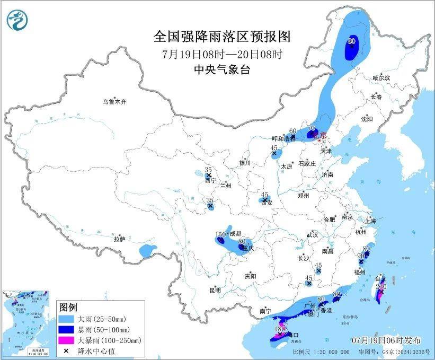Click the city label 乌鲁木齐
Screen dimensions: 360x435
[115, 101]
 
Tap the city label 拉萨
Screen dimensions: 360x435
[119, 239]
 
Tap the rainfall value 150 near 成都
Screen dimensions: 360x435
[220, 234]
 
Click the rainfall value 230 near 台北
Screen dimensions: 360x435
[380, 286]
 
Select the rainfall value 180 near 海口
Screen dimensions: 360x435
[280, 329]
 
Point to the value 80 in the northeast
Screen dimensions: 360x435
[351, 41]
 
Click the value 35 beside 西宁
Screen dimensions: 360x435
[208, 170]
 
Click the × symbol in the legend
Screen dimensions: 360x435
[67, 350]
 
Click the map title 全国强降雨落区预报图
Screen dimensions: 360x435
[222, 37]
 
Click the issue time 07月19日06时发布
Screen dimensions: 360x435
[386, 339]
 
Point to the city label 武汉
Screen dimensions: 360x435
[312, 234]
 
